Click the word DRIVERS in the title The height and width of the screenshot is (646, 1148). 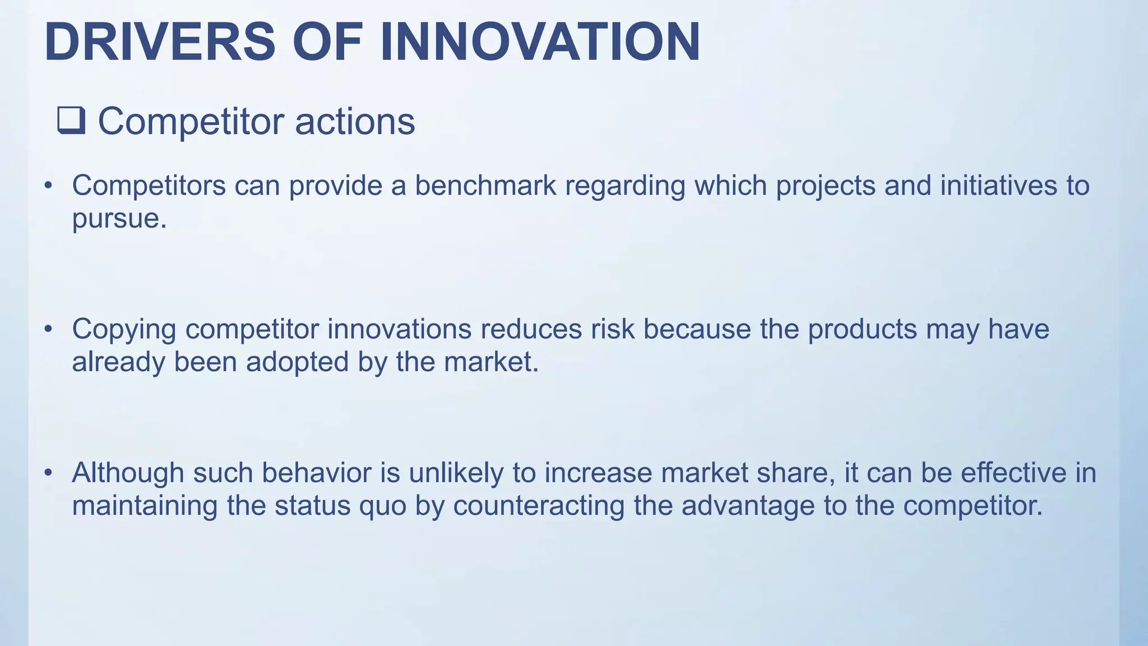coord(160,42)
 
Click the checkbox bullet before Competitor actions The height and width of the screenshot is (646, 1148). coord(71,121)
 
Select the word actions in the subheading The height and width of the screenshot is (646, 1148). coord(355,121)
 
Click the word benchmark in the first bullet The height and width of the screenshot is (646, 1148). coord(485,186)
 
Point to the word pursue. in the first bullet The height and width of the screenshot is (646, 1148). coord(119,219)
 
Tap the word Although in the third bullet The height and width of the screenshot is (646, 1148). coord(128,473)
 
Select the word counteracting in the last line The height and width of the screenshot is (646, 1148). coord(539,506)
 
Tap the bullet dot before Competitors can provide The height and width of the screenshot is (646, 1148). coord(49,186)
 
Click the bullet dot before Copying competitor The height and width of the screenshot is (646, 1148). coord(49,329)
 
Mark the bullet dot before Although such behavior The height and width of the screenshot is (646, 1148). coord(49,473)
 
